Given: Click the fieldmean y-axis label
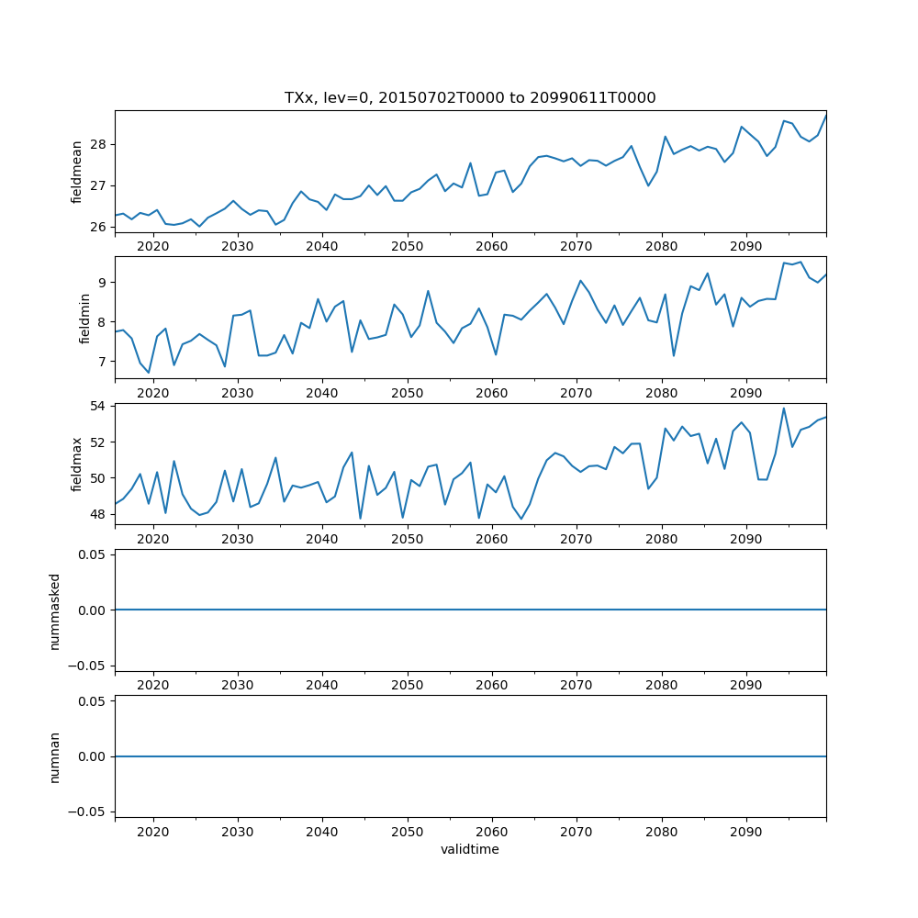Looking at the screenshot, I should (x=77, y=172).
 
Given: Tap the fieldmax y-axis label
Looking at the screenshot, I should (x=77, y=465).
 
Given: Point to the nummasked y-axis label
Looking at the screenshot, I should (x=54, y=610).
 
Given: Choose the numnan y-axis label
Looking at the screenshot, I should (x=54, y=756).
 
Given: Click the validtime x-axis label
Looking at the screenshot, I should (x=470, y=850).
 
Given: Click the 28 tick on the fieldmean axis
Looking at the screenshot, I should (x=99, y=145).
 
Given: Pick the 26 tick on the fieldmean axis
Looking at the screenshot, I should (x=99, y=228).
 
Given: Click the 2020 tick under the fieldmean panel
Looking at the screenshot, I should (x=153, y=246).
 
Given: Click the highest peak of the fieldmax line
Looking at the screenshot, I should (x=783, y=409).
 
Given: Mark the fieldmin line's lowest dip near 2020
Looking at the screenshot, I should (x=149, y=373).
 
